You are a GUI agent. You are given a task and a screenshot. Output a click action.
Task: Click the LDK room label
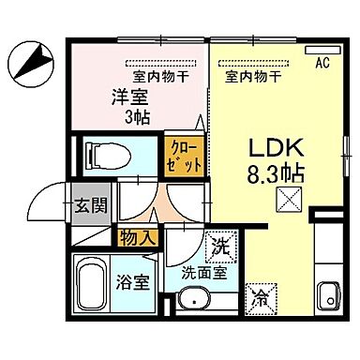coord(273,147)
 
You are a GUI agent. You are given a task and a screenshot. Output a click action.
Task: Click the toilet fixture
coord(102,154)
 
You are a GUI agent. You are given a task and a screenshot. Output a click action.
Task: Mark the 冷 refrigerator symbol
coord(260,298)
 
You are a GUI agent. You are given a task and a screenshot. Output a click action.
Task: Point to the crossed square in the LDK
coord(287,200)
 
